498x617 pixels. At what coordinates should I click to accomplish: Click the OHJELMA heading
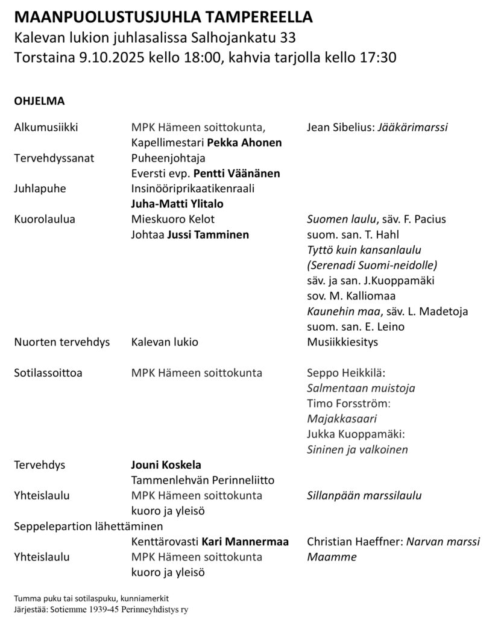point(39,101)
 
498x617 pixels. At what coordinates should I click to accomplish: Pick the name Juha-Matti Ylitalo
point(173,204)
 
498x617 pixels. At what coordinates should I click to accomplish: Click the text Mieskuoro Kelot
point(172,219)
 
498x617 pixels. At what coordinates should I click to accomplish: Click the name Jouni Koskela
point(166,465)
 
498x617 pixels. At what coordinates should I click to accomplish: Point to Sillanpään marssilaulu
point(364,496)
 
